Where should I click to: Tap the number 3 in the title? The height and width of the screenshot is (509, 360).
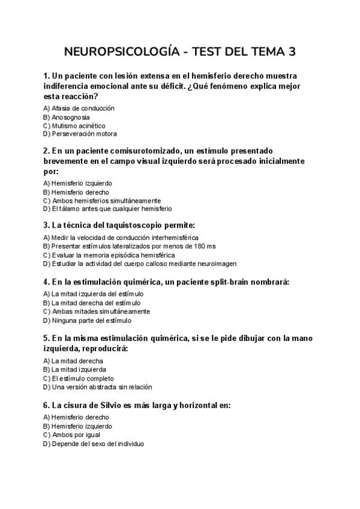click(x=292, y=52)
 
